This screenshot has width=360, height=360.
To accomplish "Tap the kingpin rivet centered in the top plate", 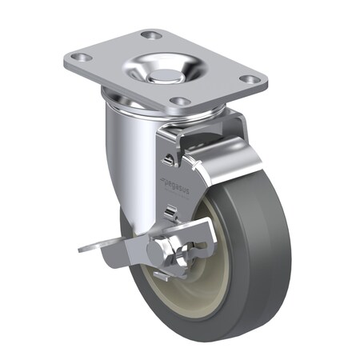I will [162, 76].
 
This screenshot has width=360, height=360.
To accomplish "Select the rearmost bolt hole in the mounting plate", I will [150, 34].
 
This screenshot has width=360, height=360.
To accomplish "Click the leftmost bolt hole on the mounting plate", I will [78, 59].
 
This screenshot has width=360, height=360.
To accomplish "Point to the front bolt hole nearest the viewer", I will [181, 102].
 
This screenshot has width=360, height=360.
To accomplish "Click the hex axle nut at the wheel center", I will [175, 254].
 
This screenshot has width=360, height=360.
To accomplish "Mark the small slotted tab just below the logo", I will [170, 210].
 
